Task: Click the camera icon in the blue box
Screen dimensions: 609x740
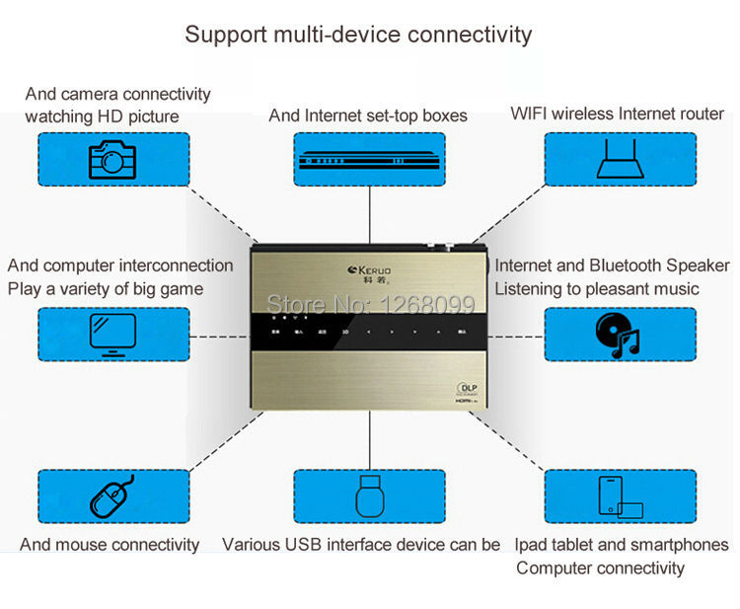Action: pyautogui.click(x=112, y=160)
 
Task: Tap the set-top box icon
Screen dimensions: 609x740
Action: pyautogui.click(x=369, y=160)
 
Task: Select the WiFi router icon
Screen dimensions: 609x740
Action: pyautogui.click(x=620, y=159)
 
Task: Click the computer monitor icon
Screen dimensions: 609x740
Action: pyautogui.click(x=112, y=334)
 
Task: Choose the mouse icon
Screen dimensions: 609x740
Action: pyautogui.click(x=112, y=496)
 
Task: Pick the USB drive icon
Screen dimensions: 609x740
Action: pyautogui.click(x=369, y=496)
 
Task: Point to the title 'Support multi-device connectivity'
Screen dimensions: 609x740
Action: pyautogui.click(x=358, y=35)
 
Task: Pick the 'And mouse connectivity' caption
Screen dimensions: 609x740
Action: pyautogui.click(x=110, y=545)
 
